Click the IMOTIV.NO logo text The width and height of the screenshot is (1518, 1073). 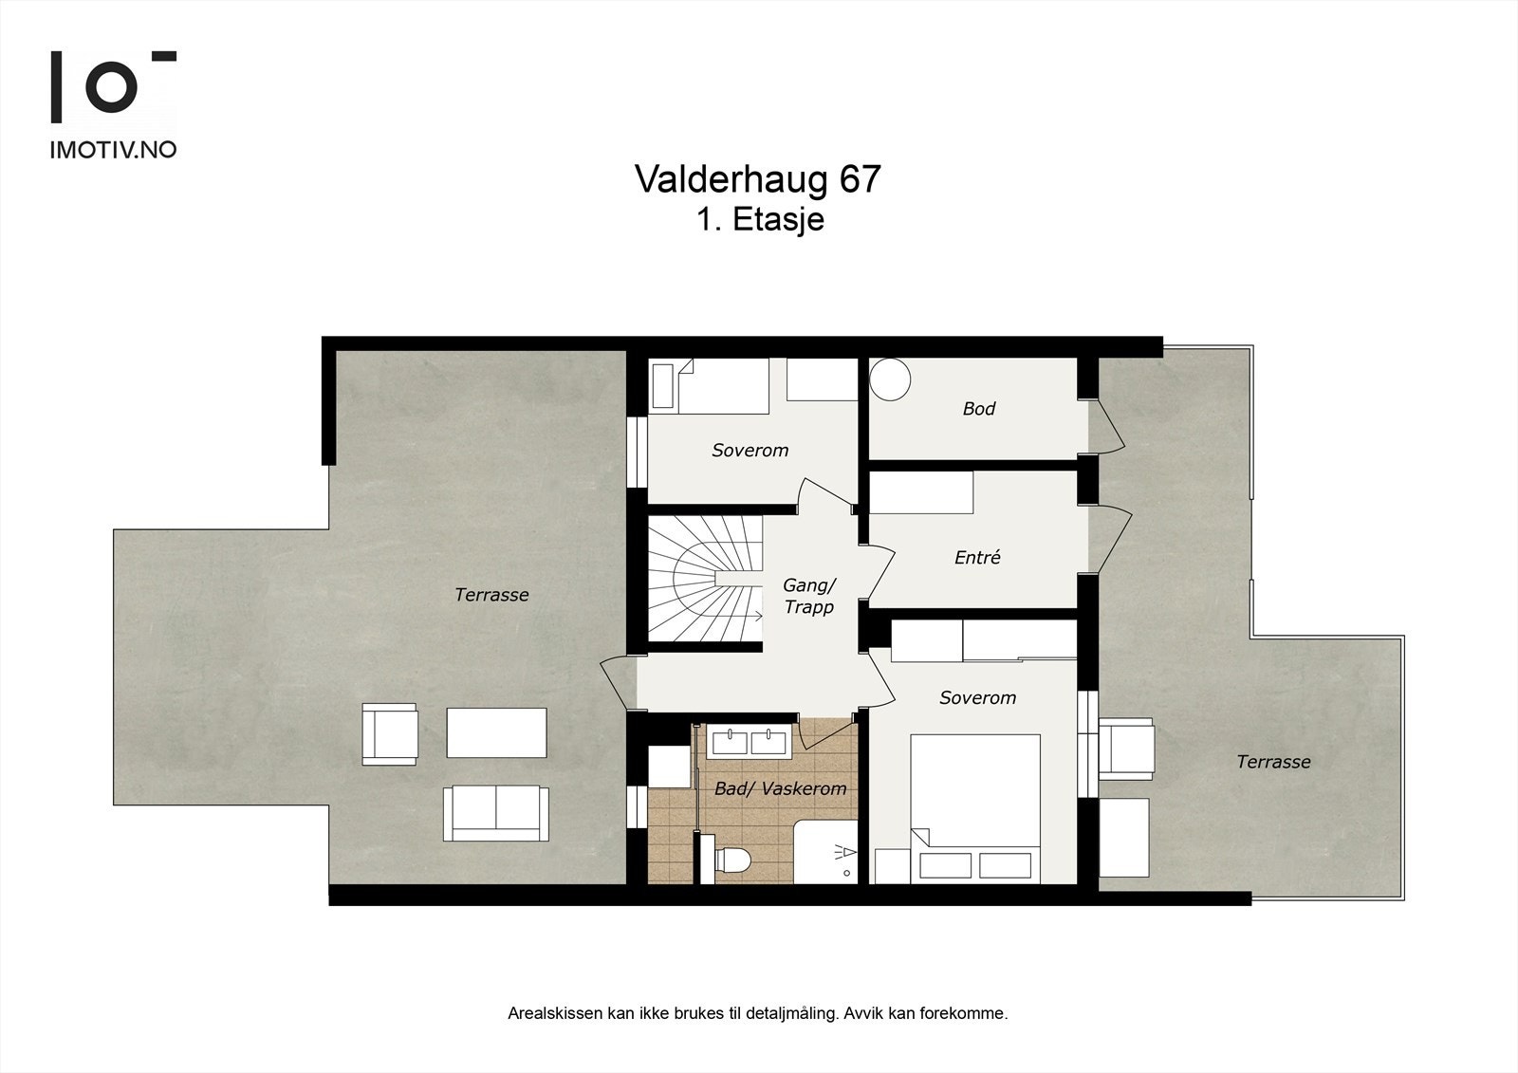(x=113, y=150)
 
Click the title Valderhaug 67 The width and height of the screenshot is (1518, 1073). (x=757, y=179)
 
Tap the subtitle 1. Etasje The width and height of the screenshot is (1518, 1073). (x=759, y=220)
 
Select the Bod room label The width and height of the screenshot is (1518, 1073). (x=978, y=409)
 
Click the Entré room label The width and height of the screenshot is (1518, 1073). (x=977, y=558)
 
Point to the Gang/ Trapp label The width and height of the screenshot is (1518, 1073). (x=809, y=596)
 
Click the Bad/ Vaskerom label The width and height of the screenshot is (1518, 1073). (x=780, y=788)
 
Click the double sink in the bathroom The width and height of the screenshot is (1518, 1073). (x=748, y=741)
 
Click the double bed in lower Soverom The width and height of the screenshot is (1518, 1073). (x=975, y=806)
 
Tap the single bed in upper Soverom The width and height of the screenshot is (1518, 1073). (x=711, y=386)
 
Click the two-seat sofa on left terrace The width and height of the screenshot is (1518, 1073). (x=494, y=813)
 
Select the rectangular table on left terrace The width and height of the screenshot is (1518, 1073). (x=496, y=732)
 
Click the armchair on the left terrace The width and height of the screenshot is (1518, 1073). (x=389, y=733)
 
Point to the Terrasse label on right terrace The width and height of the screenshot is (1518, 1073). (x=1273, y=762)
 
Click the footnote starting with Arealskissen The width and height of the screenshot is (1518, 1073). (x=757, y=1013)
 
